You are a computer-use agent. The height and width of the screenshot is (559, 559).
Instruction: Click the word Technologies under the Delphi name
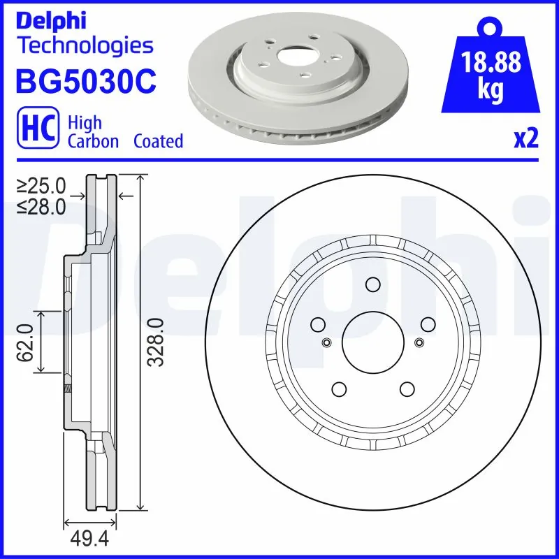(x=84, y=46)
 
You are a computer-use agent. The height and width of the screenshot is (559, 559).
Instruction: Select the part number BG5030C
(x=85, y=80)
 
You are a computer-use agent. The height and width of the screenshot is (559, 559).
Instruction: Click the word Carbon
(x=92, y=141)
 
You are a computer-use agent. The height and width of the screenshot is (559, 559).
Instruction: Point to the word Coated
(x=158, y=141)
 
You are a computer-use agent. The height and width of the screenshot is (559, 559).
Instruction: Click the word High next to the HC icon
(x=85, y=122)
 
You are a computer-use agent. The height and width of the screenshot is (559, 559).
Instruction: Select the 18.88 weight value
(x=493, y=63)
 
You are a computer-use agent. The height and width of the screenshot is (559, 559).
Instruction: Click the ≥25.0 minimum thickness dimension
(x=41, y=187)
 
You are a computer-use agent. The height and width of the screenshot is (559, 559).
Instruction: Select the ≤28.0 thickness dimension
(x=41, y=206)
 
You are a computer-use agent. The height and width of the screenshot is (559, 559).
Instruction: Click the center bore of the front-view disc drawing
(x=372, y=342)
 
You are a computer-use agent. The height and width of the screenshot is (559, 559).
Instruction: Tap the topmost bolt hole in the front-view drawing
(x=372, y=284)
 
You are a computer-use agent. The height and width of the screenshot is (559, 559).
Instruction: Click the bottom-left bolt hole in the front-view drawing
(x=339, y=389)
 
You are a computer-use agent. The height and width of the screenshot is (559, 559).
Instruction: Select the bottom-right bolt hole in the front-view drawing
(x=406, y=389)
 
